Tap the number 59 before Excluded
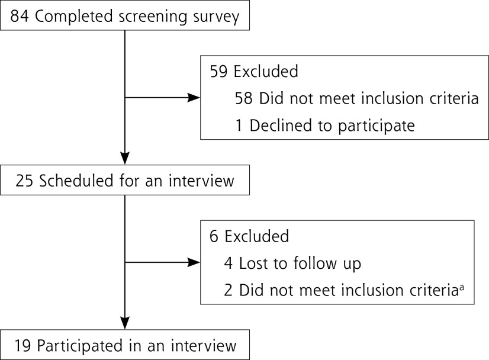219,72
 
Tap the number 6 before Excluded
214,236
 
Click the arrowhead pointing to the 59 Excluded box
193,98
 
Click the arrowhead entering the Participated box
126,325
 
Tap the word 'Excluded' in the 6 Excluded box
256,236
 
